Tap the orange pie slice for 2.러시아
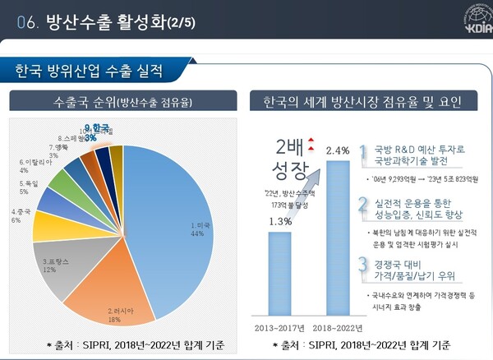tap(123, 296)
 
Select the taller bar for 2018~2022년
tap(338, 238)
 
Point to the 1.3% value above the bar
tap(280, 221)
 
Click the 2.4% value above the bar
tap(338, 150)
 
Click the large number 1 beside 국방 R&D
tap(362, 153)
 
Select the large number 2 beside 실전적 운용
tap(362, 207)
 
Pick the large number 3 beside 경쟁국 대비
tap(362, 265)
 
